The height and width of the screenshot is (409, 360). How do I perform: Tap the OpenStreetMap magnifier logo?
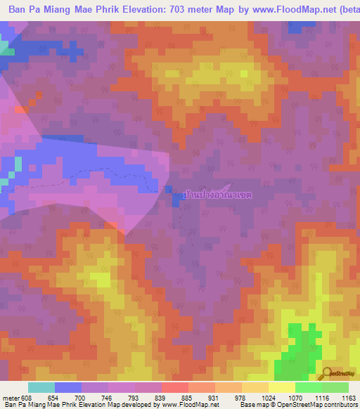[x=327, y=374]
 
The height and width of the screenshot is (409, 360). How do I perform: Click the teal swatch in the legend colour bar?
[x=41, y=387]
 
